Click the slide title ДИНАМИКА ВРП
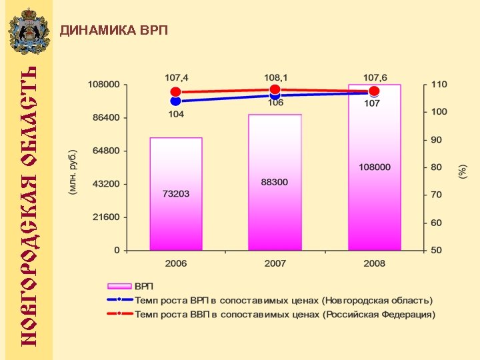click(114, 31)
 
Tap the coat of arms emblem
click(28, 31)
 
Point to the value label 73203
click(176, 194)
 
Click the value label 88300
click(275, 182)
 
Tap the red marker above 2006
click(176, 92)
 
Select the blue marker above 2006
click(176, 101)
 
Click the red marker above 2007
click(275, 89)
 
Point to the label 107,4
click(176, 77)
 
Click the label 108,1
click(275, 77)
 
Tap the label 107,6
click(374, 77)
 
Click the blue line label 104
click(176, 115)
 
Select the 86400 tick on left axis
click(105, 117)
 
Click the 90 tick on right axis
click(436, 140)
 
